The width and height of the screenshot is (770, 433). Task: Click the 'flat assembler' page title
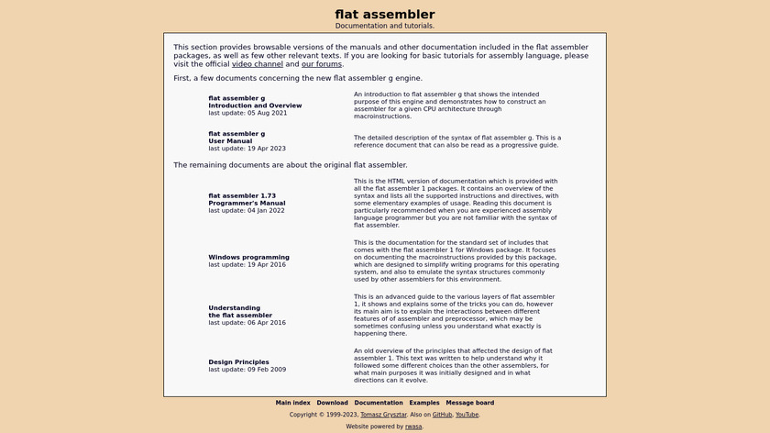pos(385,14)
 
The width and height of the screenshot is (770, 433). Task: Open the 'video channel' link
pos(257,64)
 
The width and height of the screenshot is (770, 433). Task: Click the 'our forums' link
pos(322,64)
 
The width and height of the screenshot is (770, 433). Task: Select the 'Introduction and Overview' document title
pos(255,105)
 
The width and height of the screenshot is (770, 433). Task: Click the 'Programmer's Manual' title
pos(247,203)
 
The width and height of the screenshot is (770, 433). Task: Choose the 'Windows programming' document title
pos(248,257)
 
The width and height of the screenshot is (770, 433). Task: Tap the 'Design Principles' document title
pos(238,361)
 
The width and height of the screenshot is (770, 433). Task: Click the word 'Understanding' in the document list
pos(234,308)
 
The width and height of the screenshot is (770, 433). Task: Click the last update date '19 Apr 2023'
pos(267,148)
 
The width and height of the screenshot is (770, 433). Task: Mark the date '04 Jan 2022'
pos(266,210)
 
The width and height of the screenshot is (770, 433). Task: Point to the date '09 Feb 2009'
pos(267,369)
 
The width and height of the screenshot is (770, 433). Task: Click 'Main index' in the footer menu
pos(293,403)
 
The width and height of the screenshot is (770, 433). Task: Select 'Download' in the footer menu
pos(333,403)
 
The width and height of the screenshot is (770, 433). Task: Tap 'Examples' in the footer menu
pos(424,403)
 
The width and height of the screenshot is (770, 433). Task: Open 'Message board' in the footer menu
pos(470,403)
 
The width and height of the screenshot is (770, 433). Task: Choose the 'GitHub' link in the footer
pos(442,415)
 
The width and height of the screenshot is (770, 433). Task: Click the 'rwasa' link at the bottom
pos(414,427)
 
